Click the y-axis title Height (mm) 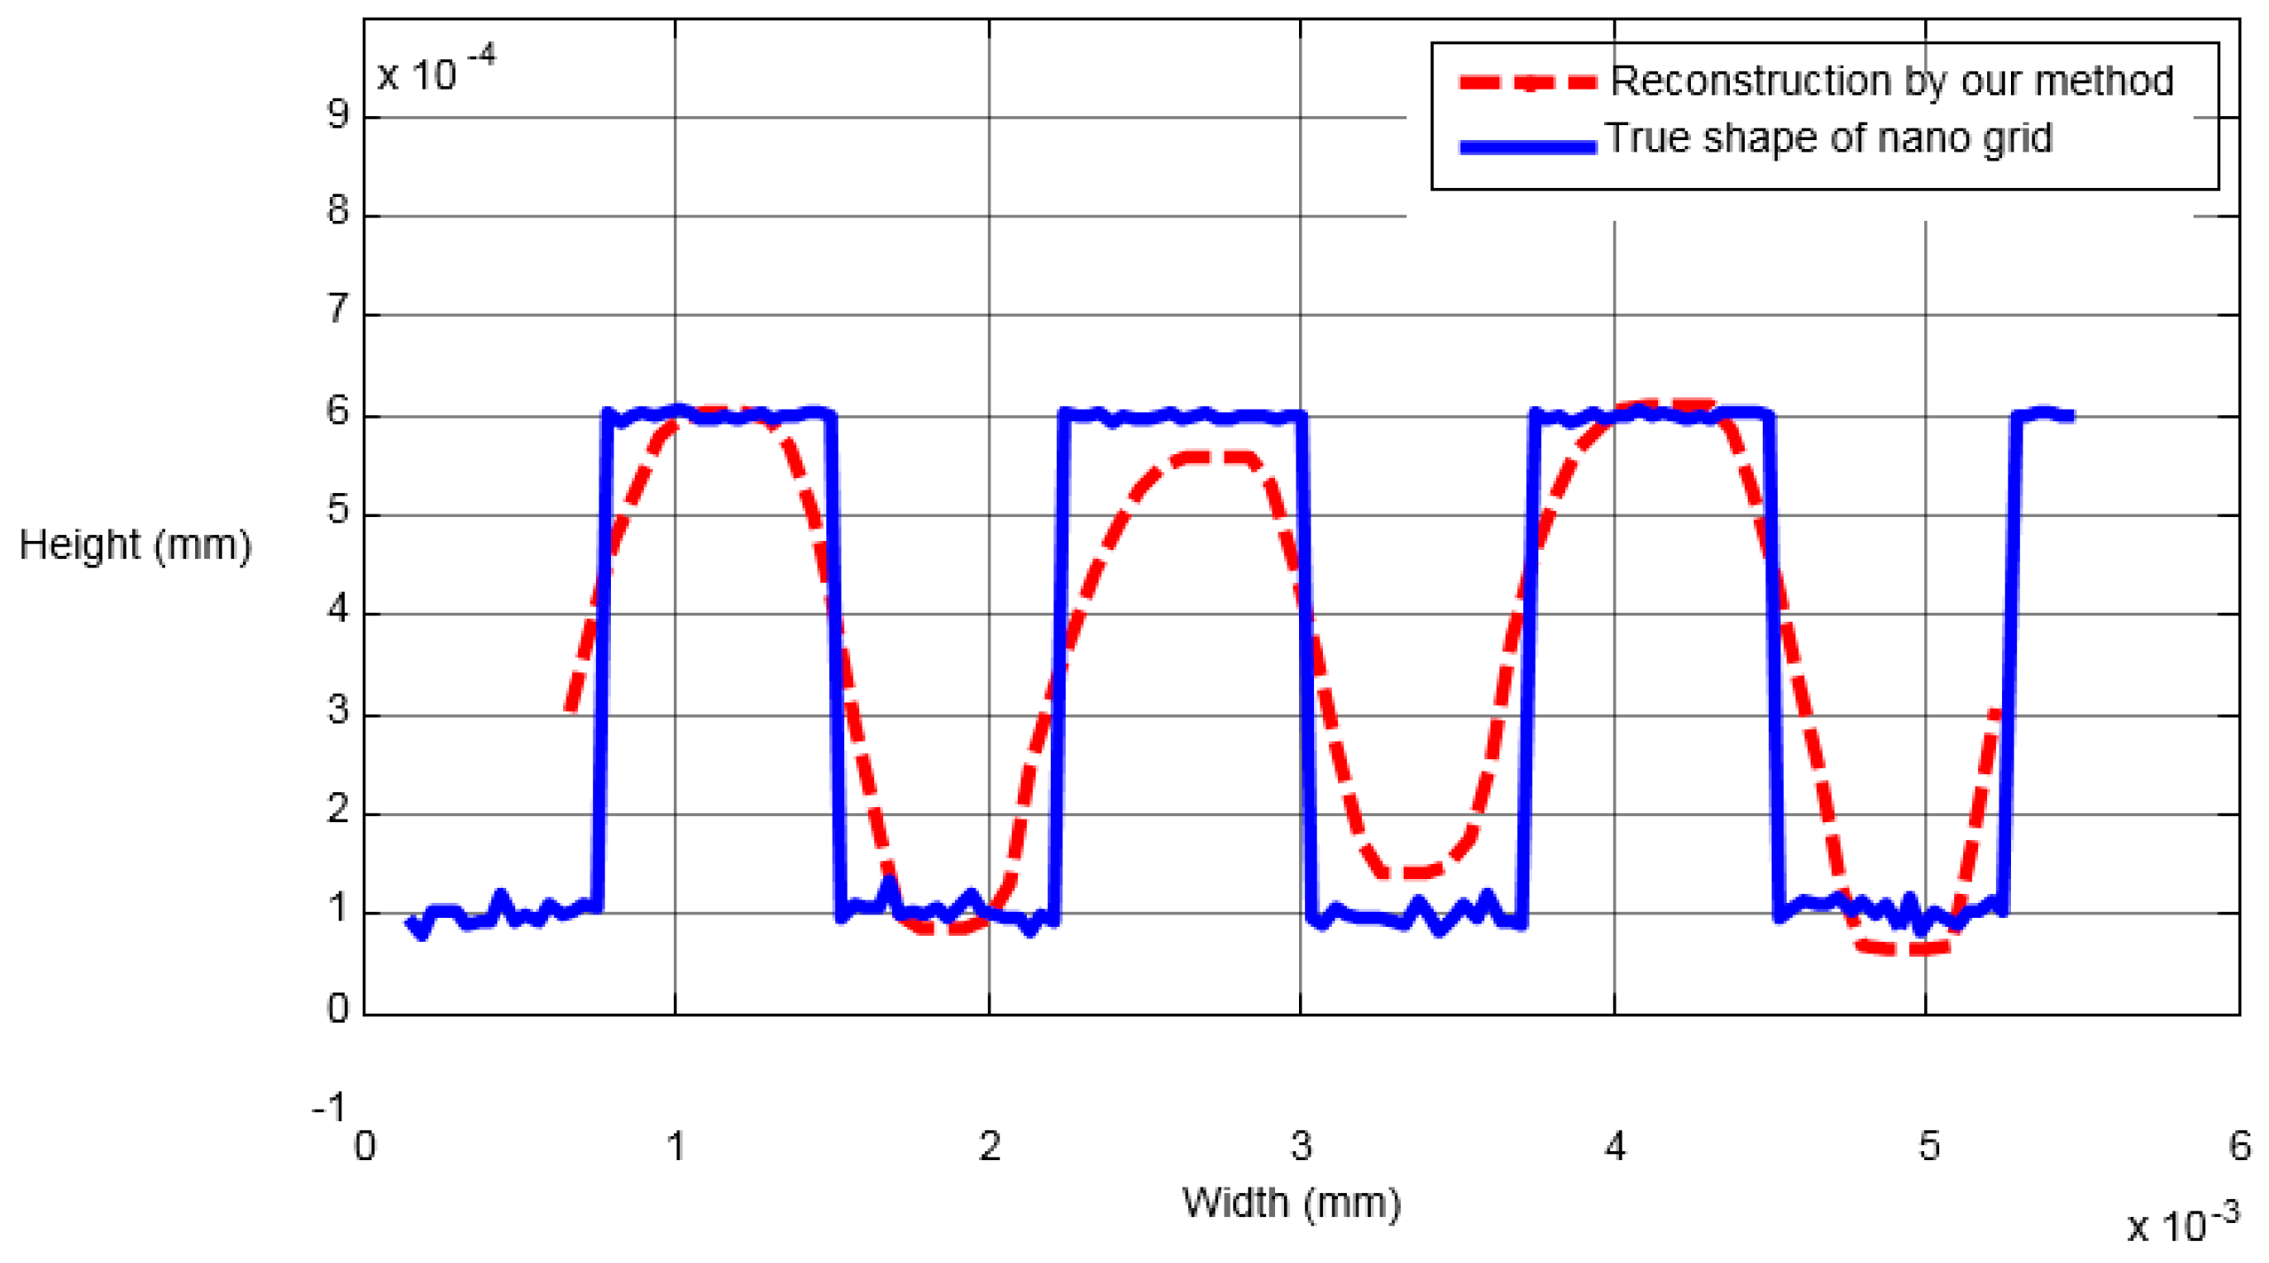[x=135, y=545]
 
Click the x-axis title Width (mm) [x=1291, y=1204]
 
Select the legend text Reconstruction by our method [x=1891, y=81]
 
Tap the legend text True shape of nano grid [x=1828, y=138]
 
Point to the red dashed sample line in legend [x=1528, y=82]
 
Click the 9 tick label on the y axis [x=338, y=114]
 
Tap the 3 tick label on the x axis [x=1301, y=1146]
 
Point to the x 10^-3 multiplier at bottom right [x=2183, y=1224]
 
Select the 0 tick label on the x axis [x=364, y=1146]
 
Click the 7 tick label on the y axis [x=338, y=310]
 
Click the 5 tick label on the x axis [x=1929, y=1146]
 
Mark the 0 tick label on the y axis [x=338, y=1009]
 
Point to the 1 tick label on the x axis [x=676, y=1146]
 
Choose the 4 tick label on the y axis [x=338, y=610]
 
